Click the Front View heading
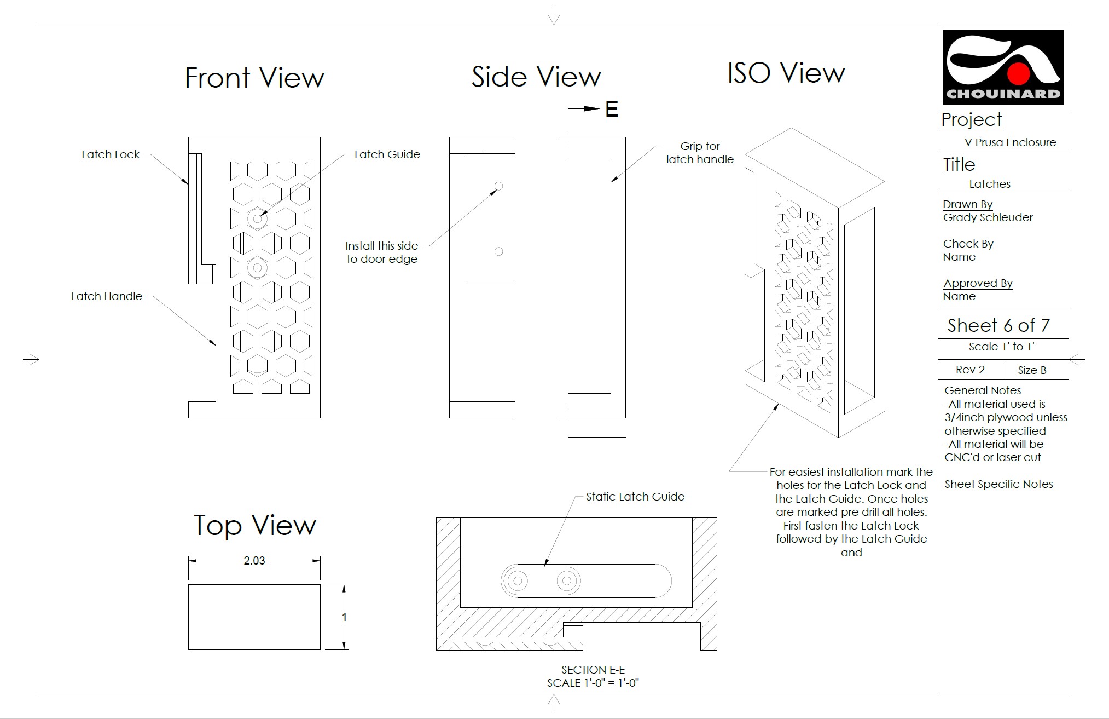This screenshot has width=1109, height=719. (254, 77)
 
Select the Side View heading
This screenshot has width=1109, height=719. (536, 76)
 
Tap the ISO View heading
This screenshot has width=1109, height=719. (786, 73)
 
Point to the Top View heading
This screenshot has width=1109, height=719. (255, 526)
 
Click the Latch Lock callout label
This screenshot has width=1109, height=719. (111, 154)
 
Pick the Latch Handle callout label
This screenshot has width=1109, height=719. (107, 296)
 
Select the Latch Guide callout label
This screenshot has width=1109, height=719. (387, 154)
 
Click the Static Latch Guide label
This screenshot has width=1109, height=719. (635, 497)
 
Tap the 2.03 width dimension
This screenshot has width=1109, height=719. (254, 561)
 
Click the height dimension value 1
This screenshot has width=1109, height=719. (344, 617)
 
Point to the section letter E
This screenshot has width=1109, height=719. (612, 110)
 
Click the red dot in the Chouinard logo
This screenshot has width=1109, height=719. (1019, 74)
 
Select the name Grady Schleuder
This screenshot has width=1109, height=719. (988, 217)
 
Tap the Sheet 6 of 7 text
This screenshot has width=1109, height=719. (998, 325)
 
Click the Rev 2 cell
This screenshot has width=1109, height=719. (970, 370)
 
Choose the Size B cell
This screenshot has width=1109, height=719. (1032, 370)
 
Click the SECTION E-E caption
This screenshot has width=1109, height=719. (593, 670)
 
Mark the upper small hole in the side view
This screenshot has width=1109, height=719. (498, 186)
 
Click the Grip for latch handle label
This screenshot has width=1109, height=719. (700, 153)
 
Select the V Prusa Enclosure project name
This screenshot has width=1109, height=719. (1010, 142)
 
